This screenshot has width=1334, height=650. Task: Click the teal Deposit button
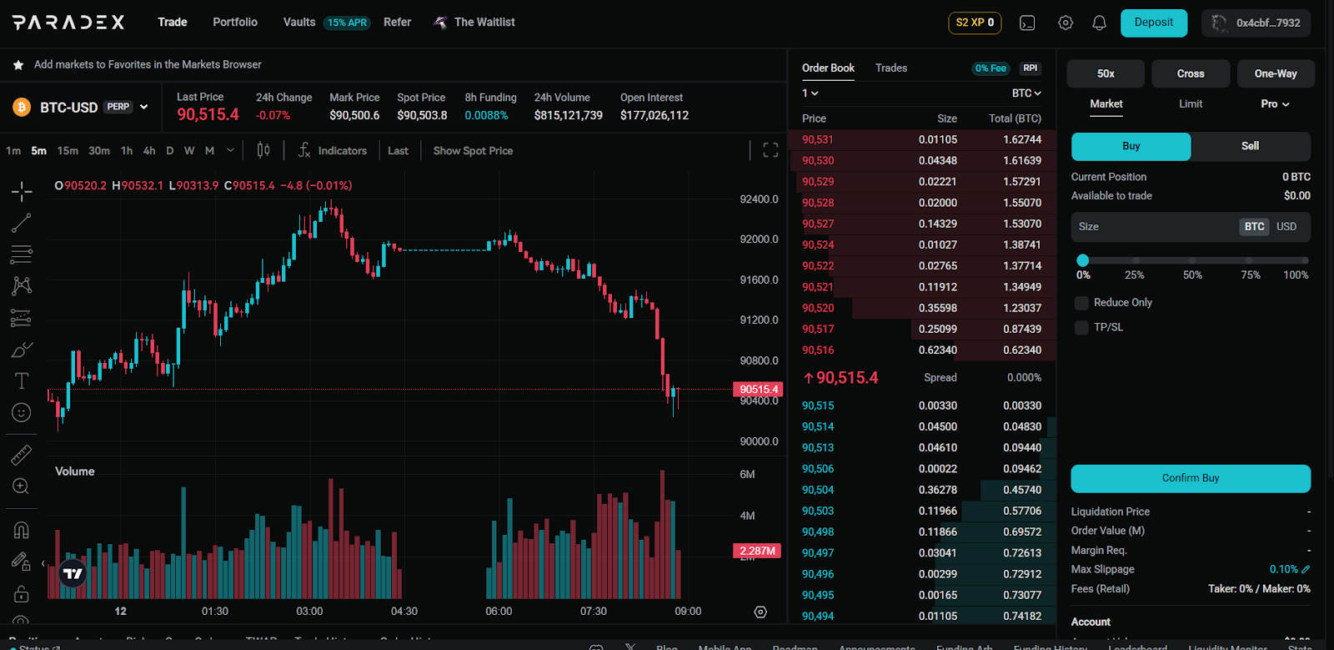pos(1153,23)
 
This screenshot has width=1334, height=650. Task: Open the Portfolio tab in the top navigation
pos(235,23)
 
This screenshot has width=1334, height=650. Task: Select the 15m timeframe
pos(68,151)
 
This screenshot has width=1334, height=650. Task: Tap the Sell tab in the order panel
pos(1250,146)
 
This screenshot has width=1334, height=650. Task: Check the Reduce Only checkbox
pos(1082,303)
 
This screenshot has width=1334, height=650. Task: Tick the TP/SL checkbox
pos(1082,328)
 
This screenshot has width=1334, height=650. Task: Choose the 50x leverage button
pos(1106,73)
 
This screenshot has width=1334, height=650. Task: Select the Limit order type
pos(1191,104)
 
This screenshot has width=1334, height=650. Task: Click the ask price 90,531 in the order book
pos(818,140)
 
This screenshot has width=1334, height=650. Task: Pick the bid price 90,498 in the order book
pos(818,532)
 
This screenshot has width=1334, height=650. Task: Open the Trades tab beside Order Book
pos(891,68)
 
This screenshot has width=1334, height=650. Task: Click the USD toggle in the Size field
pos(1286,227)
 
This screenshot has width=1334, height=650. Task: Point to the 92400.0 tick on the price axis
pos(759,199)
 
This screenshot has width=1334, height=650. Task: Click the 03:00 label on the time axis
pos(309,612)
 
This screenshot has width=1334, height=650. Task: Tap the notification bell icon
pos(1099,23)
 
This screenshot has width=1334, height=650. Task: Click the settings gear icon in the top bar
pos(1066,23)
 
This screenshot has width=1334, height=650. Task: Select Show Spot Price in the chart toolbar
pos(473,151)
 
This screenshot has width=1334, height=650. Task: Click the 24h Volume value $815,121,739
pos(569,116)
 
